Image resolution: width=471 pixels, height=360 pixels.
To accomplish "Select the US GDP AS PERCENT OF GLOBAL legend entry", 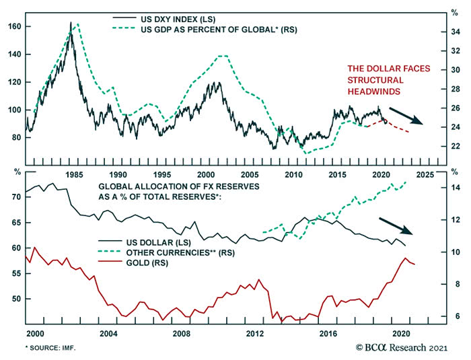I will [x=209, y=30].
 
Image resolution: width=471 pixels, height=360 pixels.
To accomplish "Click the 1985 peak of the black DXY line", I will [x=71, y=23].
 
